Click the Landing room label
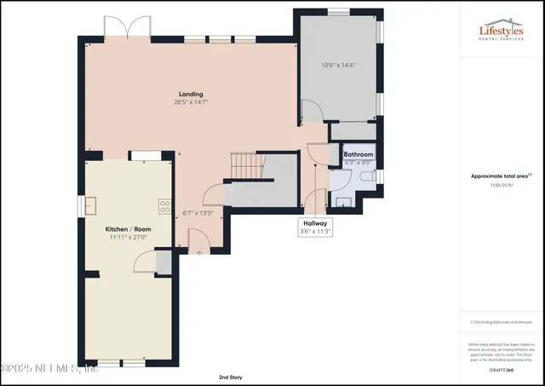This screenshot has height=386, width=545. (191, 94)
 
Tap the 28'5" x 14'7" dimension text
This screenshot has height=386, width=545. (191, 102)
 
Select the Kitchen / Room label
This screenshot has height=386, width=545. (127, 230)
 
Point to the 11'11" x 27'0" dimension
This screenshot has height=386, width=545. (127, 239)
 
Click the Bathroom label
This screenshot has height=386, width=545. (358, 154)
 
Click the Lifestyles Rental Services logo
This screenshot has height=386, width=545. (502, 31)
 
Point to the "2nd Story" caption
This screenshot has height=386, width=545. (231, 376)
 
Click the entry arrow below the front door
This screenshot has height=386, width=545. (199, 252)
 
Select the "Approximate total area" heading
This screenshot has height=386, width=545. (500, 176)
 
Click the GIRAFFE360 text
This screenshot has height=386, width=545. (502, 371)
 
